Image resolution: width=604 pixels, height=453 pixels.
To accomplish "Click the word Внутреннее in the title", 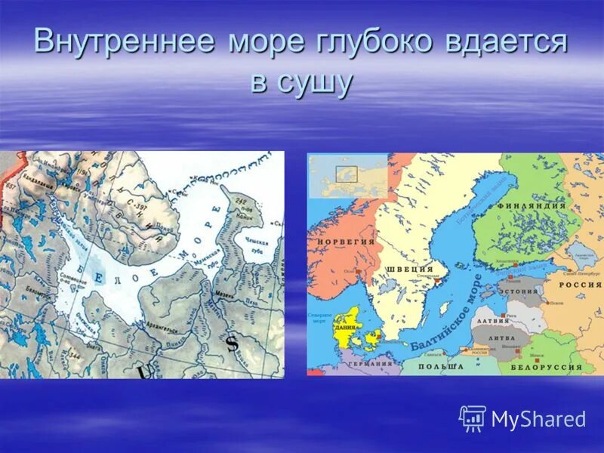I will tap(122, 42).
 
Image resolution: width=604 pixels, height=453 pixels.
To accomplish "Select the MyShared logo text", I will tap(538, 419).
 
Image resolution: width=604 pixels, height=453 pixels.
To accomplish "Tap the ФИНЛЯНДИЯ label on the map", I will tap(537, 205).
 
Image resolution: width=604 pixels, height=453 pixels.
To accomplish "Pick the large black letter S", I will tap(232, 342).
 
